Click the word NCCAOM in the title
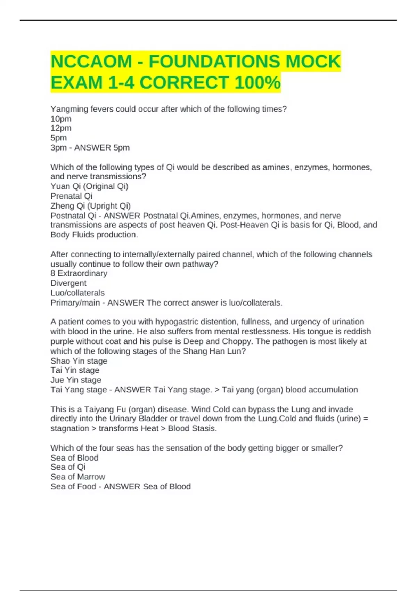(91, 62)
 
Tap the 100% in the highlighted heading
(257, 83)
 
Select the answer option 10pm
(61, 119)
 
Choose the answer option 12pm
(61, 128)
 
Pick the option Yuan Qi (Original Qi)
(89, 186)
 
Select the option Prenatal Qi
(71, 196)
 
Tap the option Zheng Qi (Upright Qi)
(90, 206)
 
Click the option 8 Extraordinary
(79, 273)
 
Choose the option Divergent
(68, 283)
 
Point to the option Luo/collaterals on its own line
(77, 293)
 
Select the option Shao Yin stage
(79, 361)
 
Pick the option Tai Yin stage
(75, 370)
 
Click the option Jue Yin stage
(76, 380)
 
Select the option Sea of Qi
(68, 467)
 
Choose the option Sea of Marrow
(77, 477)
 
